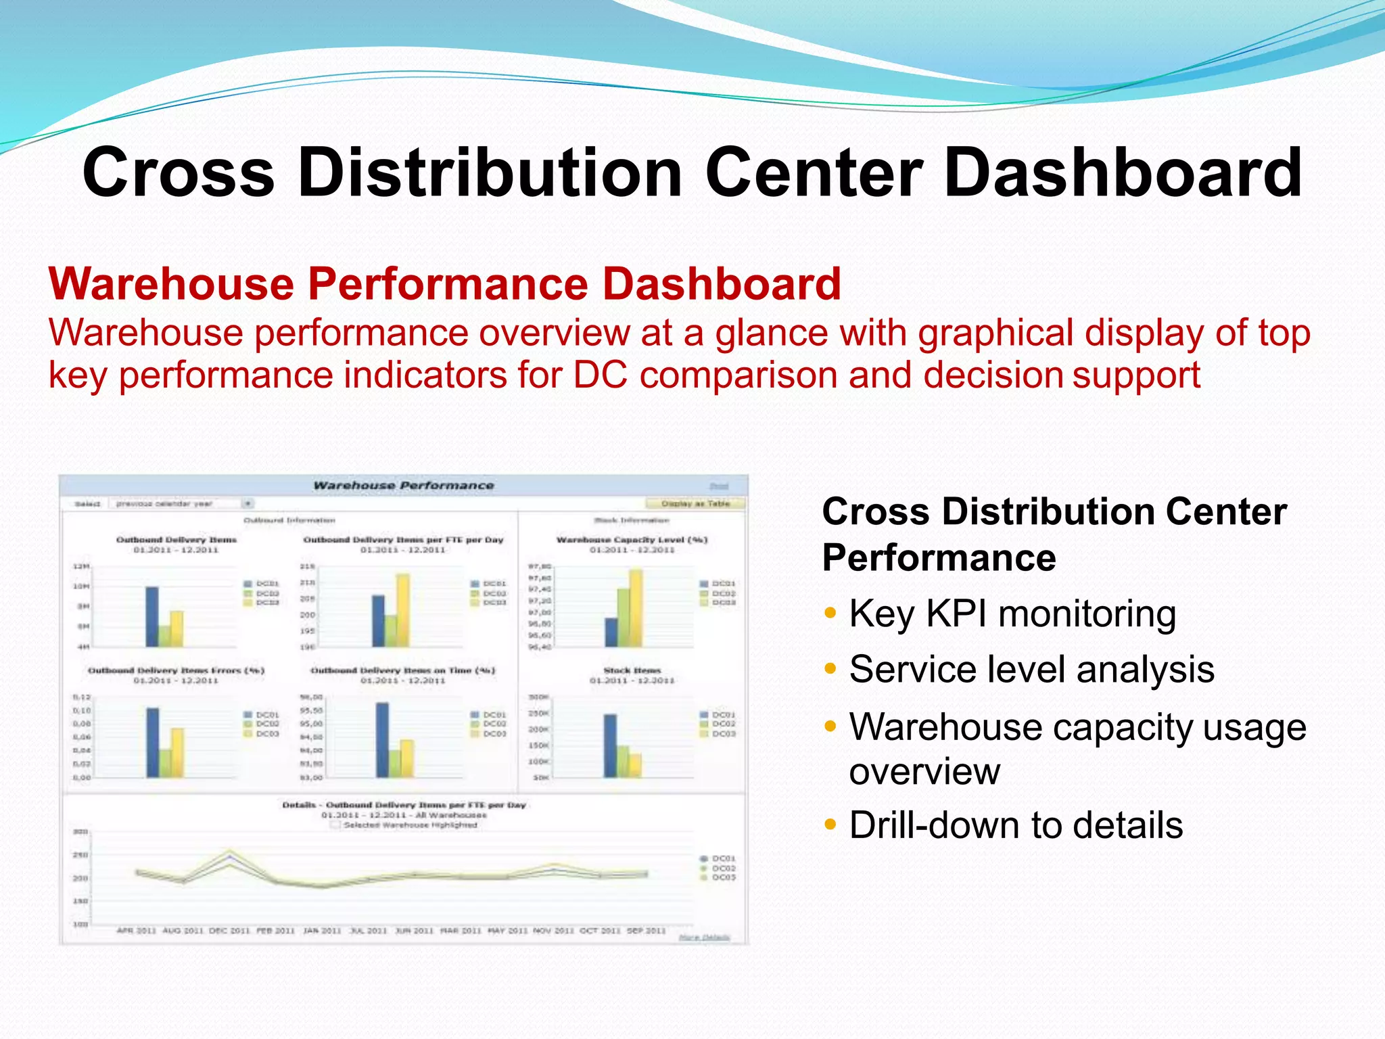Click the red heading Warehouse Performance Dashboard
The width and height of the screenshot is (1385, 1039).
pyautogui.click(x=444, y=284)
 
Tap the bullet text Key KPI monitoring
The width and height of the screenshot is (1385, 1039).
pyautogui.click(x=1012, y=614)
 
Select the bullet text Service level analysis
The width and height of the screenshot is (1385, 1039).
pyautogui.click(x=1031, y=670)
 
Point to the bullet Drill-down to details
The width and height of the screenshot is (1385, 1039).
pyautogui.click(x=1015, y=825)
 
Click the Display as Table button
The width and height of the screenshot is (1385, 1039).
pyautogui.click(x=695, y=504)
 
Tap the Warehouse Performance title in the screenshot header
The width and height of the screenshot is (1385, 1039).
pyautogui.click(x=403, y=486)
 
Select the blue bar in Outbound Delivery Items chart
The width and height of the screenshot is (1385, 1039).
pyautogui.click(x=152, y=616)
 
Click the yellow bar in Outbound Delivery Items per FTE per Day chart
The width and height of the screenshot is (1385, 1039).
pyautogui.click(x=403, y=609)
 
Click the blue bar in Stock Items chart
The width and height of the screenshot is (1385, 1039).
pyautogui.click(x=610, y=745)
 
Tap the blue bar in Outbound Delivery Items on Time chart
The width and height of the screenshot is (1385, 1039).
pyautogui.click(x=382, y=740)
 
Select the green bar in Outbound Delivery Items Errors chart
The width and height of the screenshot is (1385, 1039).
pyautogui.click(x=165, y=763)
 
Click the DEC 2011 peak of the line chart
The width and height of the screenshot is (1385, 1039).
pyautogui.click(x=230, y=854)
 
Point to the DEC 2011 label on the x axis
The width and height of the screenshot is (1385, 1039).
pyautogui.click(x=229, y=931)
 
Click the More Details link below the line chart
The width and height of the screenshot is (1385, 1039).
pyautogui.click(x=704, y=938)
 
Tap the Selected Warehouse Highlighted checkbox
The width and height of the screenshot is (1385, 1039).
pyautogui.click(x=335, y=825)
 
